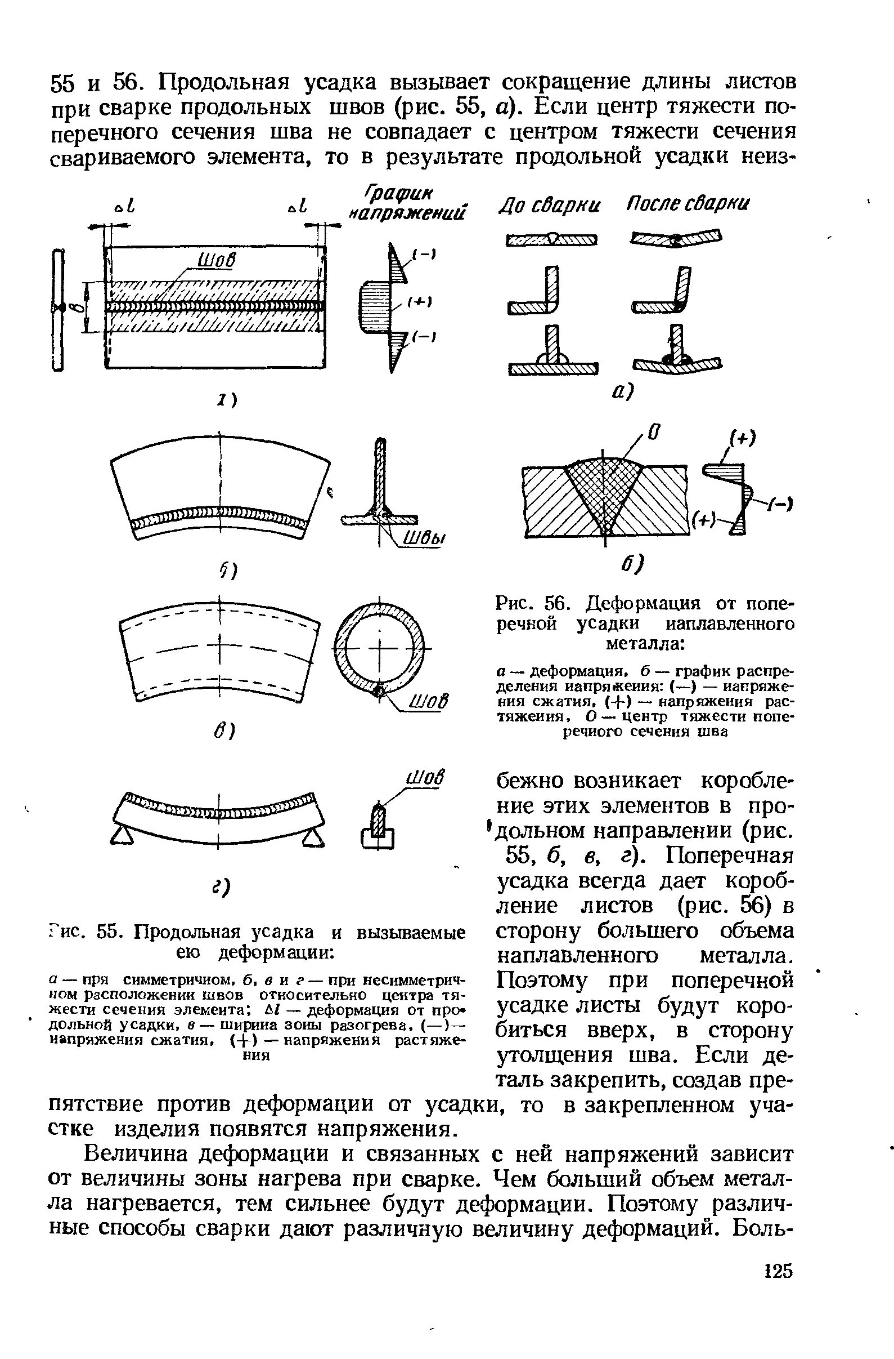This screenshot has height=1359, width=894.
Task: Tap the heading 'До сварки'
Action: click(550, 204)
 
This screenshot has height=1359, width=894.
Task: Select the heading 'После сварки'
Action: click(688, 204)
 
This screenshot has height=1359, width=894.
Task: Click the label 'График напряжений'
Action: click(409, 204)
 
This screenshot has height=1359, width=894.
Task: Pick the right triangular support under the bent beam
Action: click(312, 837)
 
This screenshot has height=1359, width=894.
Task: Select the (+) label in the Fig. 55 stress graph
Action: click(424, 301)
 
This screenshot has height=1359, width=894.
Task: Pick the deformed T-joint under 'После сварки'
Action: click(677, 355)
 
